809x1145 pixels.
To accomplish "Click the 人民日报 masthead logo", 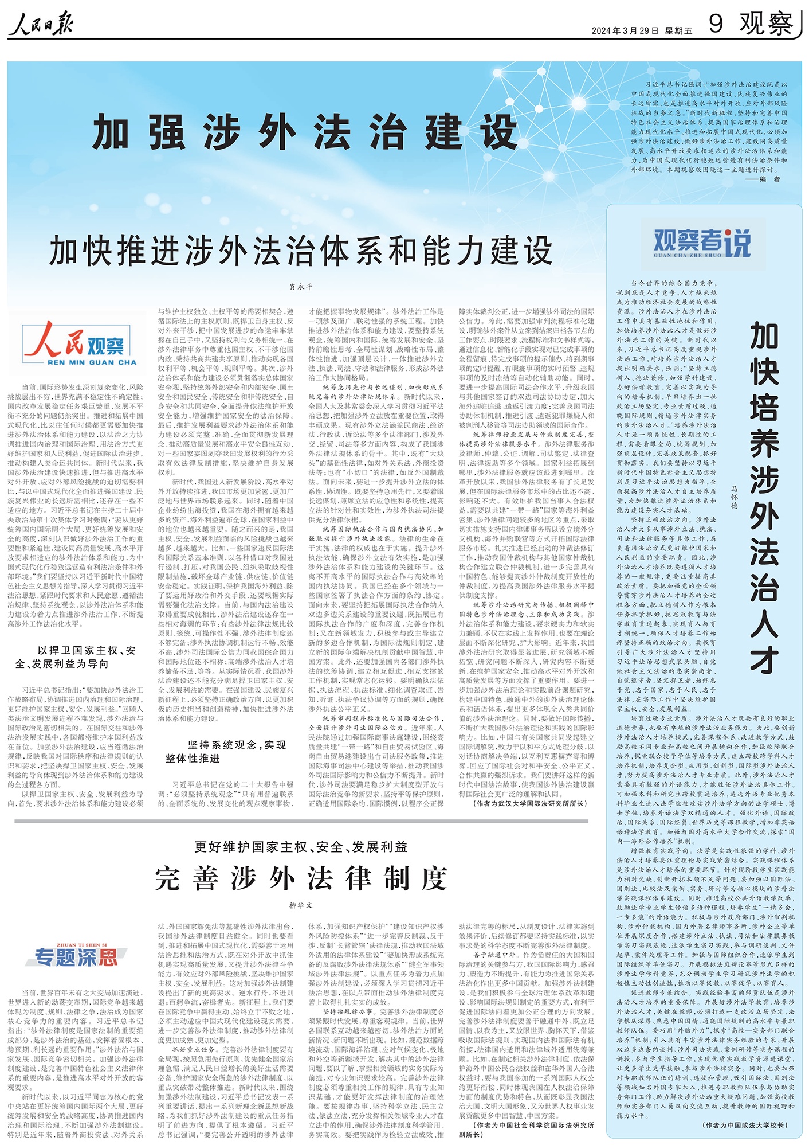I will (41, 24).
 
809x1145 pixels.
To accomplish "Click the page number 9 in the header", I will (716, 24).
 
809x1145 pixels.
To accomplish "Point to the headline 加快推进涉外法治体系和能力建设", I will (301, 251).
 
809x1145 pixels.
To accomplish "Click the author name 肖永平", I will (301, 287).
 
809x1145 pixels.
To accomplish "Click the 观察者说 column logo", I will (702, 244).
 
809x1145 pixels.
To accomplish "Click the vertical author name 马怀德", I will (735, 497).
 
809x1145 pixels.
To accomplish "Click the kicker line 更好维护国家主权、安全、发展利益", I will (301, 847).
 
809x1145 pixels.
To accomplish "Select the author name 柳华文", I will (301, 905).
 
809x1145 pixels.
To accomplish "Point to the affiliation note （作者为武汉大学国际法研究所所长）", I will (530, 803).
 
